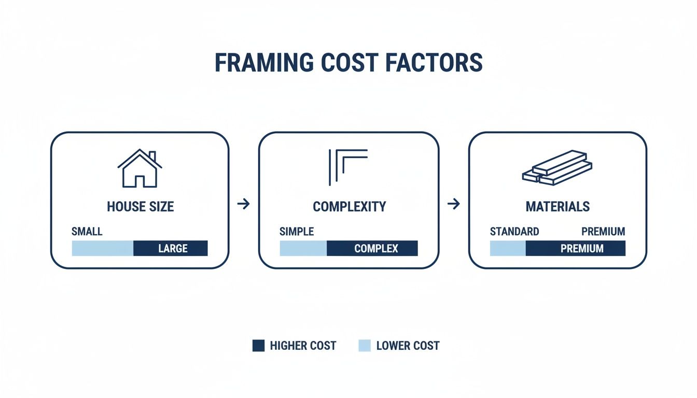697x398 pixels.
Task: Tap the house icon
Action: tap(140, 168)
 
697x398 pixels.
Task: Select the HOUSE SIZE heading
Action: tap(140, 207)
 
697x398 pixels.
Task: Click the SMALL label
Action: tap(87, 232)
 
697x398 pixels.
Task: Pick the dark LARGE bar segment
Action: tap(171, 248)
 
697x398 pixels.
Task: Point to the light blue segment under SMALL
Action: tap(102, 248)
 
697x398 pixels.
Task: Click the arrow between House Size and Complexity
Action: tap(243, 204)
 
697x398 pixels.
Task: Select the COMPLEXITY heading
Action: tap(349, 207)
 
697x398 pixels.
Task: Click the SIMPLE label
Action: tap(297, 232)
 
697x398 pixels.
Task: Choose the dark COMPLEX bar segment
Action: tap(372, 248)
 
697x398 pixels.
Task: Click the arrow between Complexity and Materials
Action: tap(453, 204)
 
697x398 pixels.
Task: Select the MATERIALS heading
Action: tap(557, 207)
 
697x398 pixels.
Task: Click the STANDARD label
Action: tap(514, 232)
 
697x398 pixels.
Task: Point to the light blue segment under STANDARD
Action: tap(508, 248)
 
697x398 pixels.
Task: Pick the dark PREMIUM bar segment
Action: tap(576, 248)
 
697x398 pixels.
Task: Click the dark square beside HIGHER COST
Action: tap(258, 346)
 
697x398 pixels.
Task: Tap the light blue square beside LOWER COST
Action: tap(365, 346)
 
